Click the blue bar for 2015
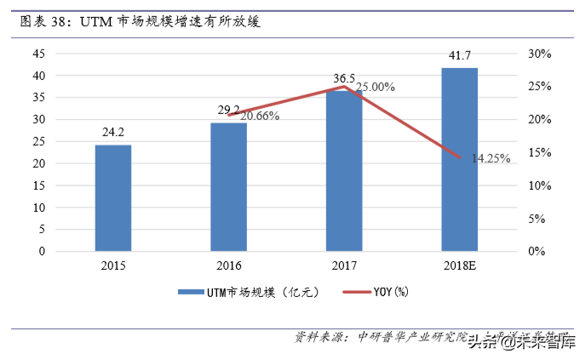click(112, 198)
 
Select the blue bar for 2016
click(228, 187)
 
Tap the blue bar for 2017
click(344, 171)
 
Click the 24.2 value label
click(113, 133)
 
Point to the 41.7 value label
click(460, 56)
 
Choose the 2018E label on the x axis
click(460, 266)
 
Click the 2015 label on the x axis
click(112, 266)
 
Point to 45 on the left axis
click(37, 53)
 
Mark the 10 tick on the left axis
click(37, 207)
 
